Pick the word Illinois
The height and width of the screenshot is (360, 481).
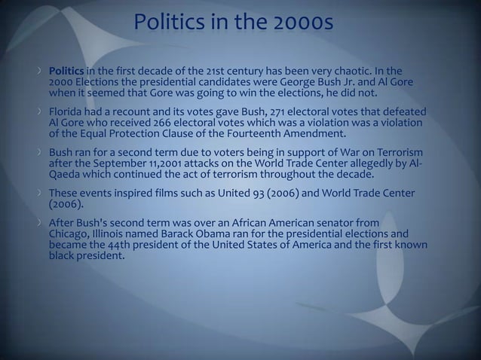[x=112, y=233]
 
